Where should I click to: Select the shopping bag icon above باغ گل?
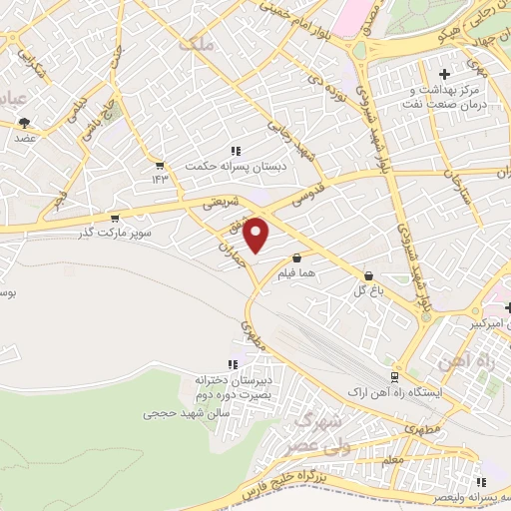click(369, 274)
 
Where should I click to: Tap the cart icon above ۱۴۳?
click(159, 164)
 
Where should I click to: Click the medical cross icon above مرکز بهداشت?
click(445, 74)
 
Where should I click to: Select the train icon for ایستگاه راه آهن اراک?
click(395, 377)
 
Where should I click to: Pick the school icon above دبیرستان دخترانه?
click(233, 365)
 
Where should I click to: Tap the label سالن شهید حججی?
click(187, 411)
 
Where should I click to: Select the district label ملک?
click(196, 44)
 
